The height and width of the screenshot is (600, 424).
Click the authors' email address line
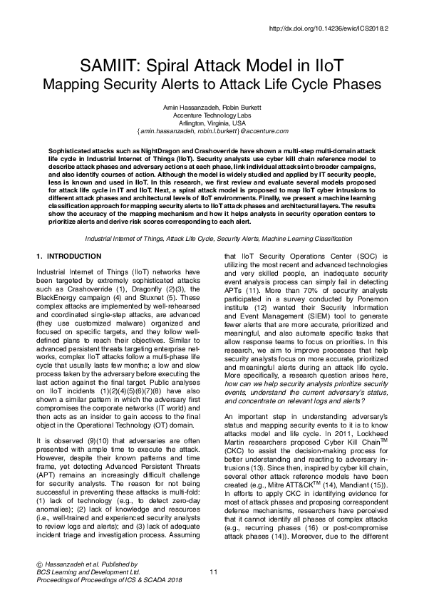212,132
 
